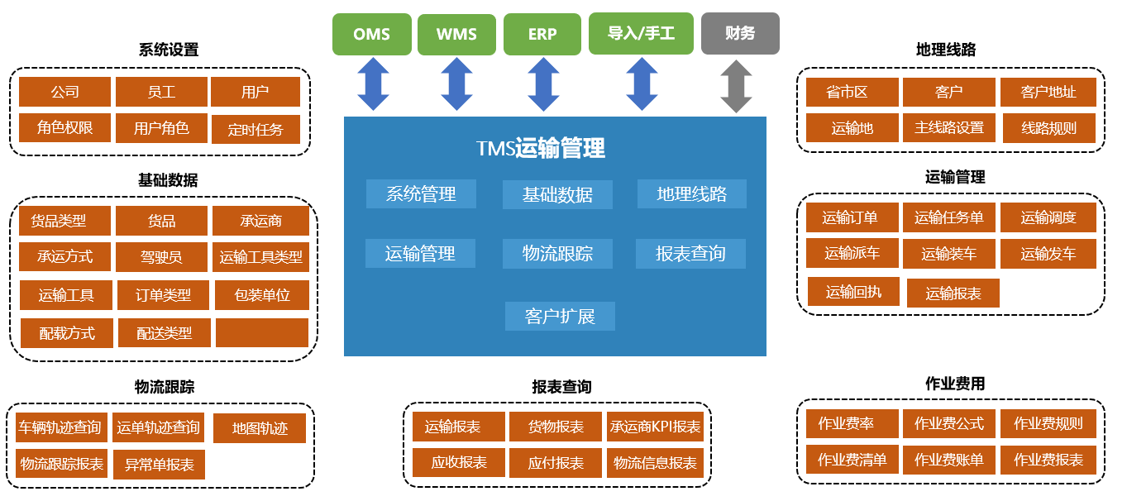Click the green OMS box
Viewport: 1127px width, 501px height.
pos(371,34)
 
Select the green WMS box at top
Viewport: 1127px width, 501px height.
pos(456,34)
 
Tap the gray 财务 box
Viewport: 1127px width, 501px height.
pos(740,34)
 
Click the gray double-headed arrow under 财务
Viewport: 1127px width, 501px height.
pos(735,86)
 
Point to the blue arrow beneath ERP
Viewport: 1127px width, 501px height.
pos(543,85)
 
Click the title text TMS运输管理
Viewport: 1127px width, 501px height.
pos(541,148)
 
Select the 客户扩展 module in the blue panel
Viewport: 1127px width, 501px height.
pos(560,316)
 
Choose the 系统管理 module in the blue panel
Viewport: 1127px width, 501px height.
pos(421,194)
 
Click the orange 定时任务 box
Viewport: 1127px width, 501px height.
pos(255,130)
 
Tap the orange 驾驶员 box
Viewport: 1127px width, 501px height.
pos(161,257)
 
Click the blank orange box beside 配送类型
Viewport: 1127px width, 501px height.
pos(261,332)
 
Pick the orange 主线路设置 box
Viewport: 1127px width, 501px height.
pos(949,128)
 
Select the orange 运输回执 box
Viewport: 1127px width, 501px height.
pos(853,292)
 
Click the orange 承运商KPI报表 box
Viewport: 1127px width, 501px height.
pos(655,427)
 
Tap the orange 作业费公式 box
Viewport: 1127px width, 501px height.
pos(949,423)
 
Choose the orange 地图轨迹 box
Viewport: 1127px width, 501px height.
pos(260,428)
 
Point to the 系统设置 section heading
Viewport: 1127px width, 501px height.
pos(169,50)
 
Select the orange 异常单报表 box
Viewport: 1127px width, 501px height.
pos(159,465)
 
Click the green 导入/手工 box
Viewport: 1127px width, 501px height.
pos(641,34)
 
